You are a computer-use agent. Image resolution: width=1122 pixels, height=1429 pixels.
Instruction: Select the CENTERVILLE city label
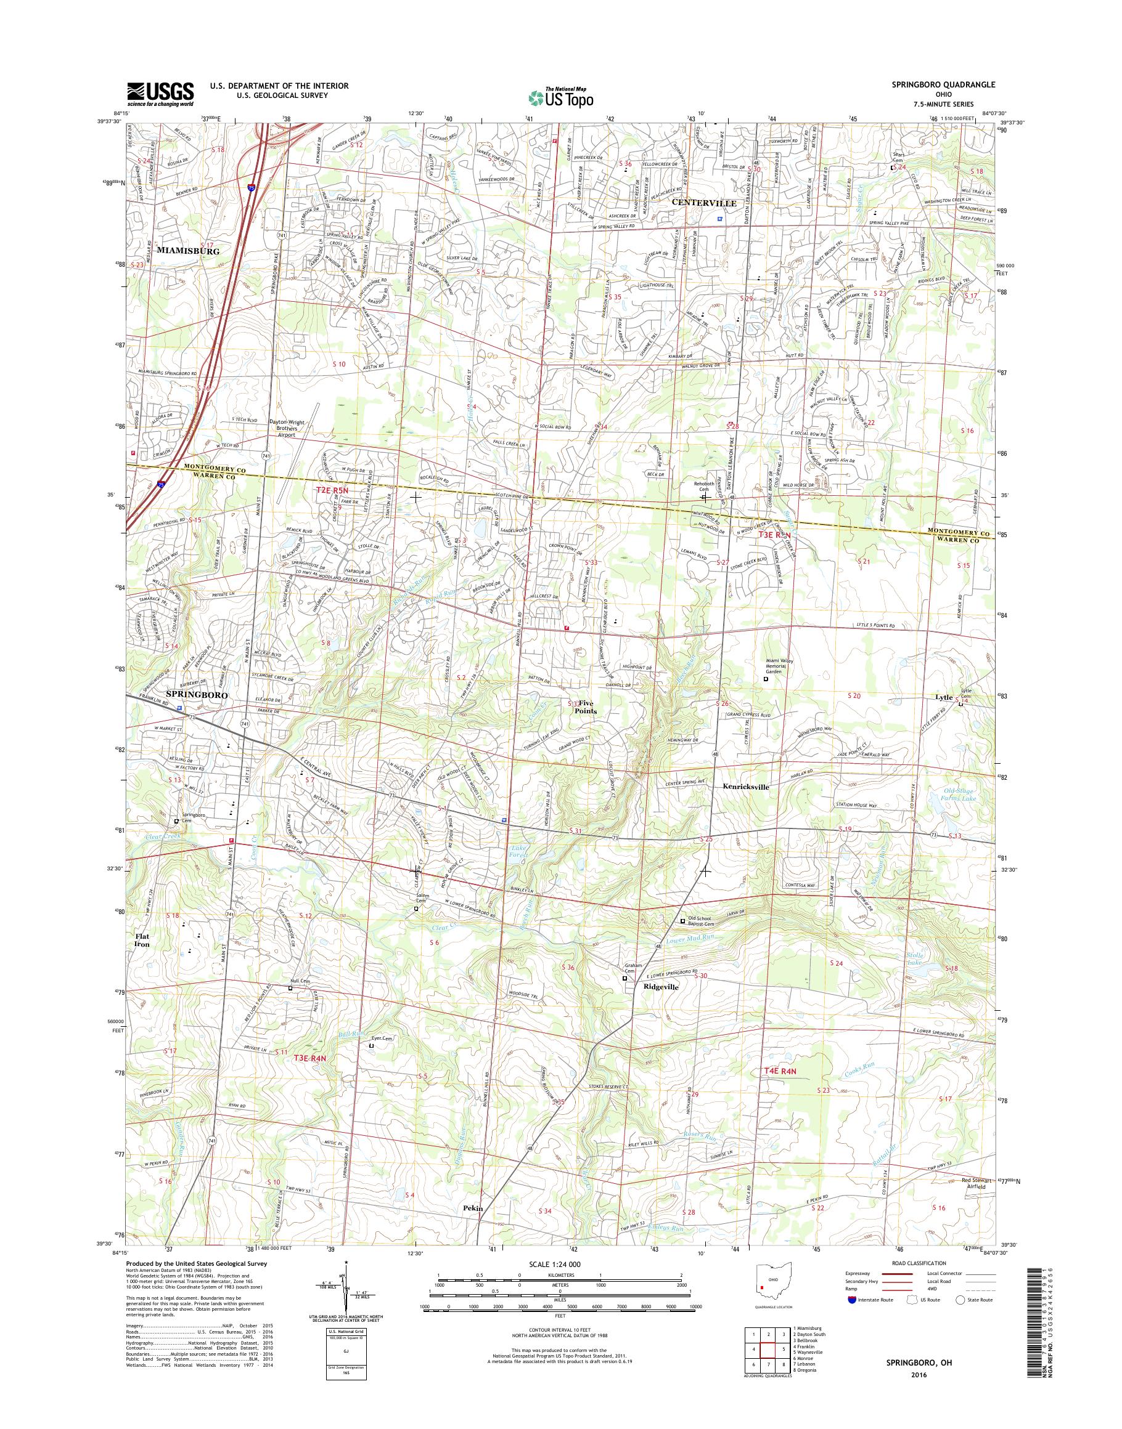(x=703, y=203)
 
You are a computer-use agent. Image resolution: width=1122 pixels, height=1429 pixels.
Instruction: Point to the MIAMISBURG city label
(x=187, y=251)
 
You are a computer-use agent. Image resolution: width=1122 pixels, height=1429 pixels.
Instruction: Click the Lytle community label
(x=943, y=698)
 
